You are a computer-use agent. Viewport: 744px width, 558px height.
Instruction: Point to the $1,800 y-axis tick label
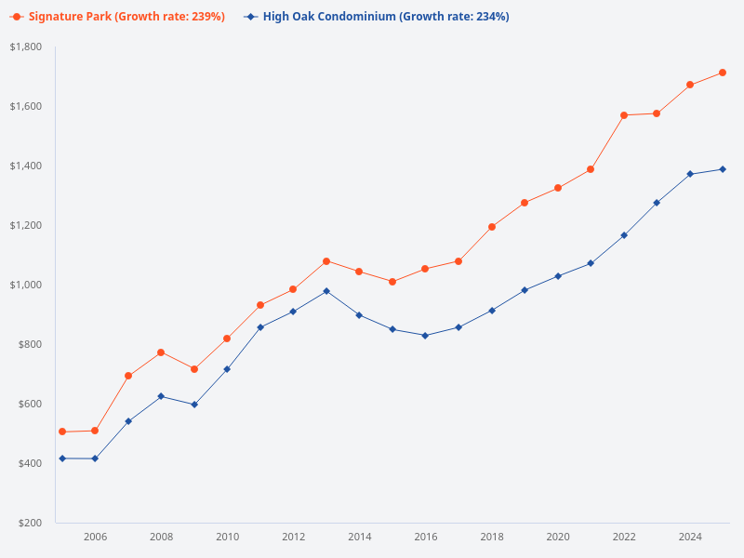(x=26, y=46)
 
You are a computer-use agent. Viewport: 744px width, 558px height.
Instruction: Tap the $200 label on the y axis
(x=30, y=523)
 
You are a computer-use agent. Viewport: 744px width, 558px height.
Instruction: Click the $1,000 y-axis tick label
(x=26, y=285)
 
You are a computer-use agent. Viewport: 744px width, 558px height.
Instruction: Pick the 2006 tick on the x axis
(x=95, y=537)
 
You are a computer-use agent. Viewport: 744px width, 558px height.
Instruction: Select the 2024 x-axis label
(x=690, y=537)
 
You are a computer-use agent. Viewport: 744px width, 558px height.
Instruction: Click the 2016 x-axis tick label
(x=425, y=537)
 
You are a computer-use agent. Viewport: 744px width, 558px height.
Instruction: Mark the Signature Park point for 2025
(x=723, y=73)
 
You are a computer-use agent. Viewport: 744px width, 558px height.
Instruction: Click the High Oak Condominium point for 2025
(x=723, y=169)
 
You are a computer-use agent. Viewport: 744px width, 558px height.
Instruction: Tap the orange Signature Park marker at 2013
(x=326, y=261)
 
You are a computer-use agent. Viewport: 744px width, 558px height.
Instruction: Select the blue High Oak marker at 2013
(x=326, y=291)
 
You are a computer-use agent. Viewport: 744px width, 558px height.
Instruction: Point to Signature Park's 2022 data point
(x=624, y=115)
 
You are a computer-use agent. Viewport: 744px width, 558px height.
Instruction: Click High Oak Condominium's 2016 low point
(x=425, y=336)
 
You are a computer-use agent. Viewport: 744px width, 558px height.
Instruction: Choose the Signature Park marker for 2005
(x=62, y=432)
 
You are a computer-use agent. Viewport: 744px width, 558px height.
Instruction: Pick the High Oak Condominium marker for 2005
(x=62, y=458)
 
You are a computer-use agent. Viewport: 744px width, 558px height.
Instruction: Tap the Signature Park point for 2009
(x=194, y=369)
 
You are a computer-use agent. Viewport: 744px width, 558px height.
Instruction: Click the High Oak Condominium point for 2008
(x=161, y=396)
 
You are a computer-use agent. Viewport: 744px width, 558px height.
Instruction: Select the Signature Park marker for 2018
(x=492, y=227)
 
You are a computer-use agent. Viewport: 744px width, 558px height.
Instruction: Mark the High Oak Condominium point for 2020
(x=558, y=276)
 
